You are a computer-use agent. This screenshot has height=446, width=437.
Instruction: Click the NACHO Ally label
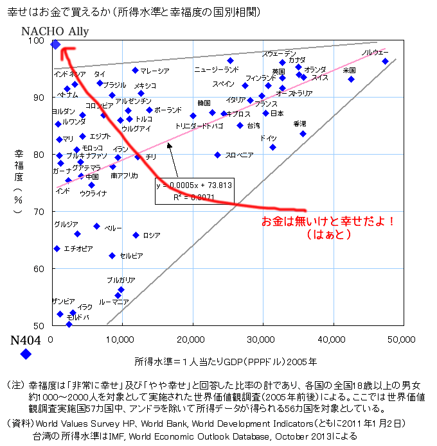tap(55, 31)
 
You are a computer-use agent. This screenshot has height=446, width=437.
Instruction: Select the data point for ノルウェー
tap(385, 62)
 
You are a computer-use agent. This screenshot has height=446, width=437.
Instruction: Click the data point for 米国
tap(351, 79)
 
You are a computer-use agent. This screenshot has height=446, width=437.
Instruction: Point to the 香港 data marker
tap(303, 133)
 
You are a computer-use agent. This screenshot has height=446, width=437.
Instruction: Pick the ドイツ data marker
tap(272, 147)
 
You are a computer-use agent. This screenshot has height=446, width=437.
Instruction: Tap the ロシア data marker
tap(136, 235)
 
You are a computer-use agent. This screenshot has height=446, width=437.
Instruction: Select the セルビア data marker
tap(112, 255)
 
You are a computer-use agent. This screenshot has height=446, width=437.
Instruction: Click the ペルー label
tap(113, 228)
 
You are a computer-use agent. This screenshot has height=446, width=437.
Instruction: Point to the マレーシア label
tap(154, 71)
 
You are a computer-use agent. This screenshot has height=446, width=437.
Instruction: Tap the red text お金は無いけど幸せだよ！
tap(328, 221)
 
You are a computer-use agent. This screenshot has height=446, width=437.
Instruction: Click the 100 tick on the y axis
tap(39, 40)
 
